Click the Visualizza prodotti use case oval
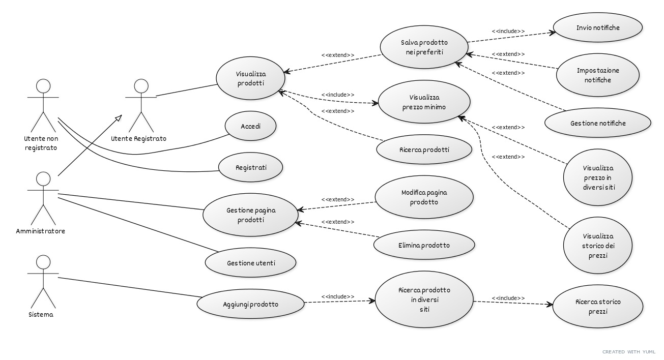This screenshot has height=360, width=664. [x=250, y=78]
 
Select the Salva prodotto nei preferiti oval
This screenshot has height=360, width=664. [x=424, y=47]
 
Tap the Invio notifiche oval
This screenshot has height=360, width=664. [x=598, y=27]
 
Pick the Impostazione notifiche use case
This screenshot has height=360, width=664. [x=598, y=75]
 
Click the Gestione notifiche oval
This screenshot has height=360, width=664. [x=598, y=123]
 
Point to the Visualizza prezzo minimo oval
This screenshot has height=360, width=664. [x=424, y=102]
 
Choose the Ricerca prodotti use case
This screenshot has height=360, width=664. [x=424, y=150]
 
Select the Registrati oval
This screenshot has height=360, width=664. [x=250, y=167]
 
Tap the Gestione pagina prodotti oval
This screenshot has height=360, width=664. [x=250, y=215]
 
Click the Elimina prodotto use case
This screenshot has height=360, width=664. [x=424, y=245]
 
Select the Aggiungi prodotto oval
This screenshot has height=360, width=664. [x=250, y=305]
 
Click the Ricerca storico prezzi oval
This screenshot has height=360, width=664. [x=598, y=306]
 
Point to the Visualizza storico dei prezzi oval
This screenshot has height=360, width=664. [x=598, y=246]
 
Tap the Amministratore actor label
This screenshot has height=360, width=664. [x=41, y=231]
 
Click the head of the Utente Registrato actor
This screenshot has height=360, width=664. [x=140, y=86]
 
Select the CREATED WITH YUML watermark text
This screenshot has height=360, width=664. [x=628, y=351]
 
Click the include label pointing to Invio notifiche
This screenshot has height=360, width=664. [x=508, y=32]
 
